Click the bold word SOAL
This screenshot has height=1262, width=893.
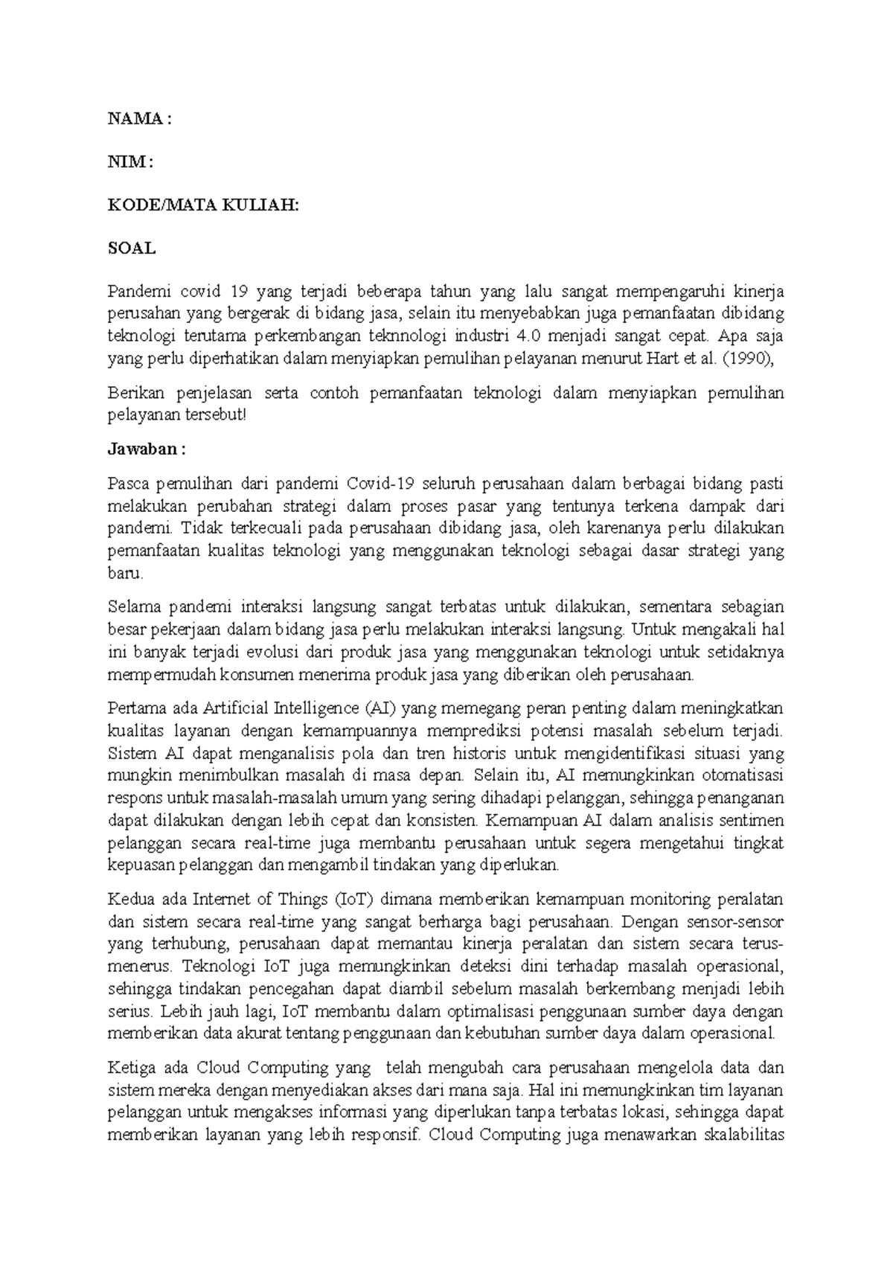click(x=132, y=249)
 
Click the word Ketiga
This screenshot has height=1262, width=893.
click(x=132, y=1068)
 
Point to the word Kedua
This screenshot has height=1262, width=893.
click(x=129, y=899)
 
